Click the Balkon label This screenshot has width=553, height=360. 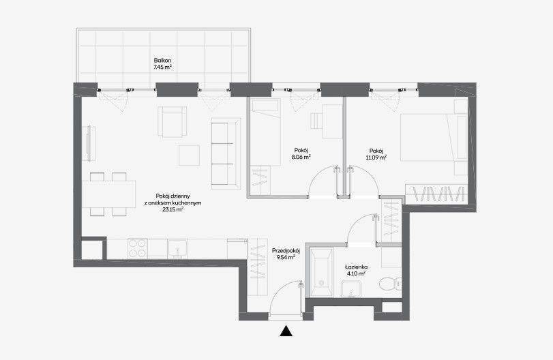162,60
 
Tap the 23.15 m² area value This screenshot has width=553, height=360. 173,209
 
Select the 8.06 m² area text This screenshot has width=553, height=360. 301,157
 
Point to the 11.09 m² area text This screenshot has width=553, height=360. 376,157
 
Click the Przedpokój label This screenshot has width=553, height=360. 286,251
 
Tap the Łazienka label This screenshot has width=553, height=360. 355,267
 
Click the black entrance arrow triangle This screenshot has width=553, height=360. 286,331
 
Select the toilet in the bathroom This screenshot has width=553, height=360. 391,283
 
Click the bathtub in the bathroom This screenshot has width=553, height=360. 321,271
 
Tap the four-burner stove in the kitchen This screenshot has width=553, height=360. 138,249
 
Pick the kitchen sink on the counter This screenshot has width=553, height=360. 178,249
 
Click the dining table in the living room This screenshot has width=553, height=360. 109,194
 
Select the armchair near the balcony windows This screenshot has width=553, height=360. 172,121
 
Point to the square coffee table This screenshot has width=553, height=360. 189,155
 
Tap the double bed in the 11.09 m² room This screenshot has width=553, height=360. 434,138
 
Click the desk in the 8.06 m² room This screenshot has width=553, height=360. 332,121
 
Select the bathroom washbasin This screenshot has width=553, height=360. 352,289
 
